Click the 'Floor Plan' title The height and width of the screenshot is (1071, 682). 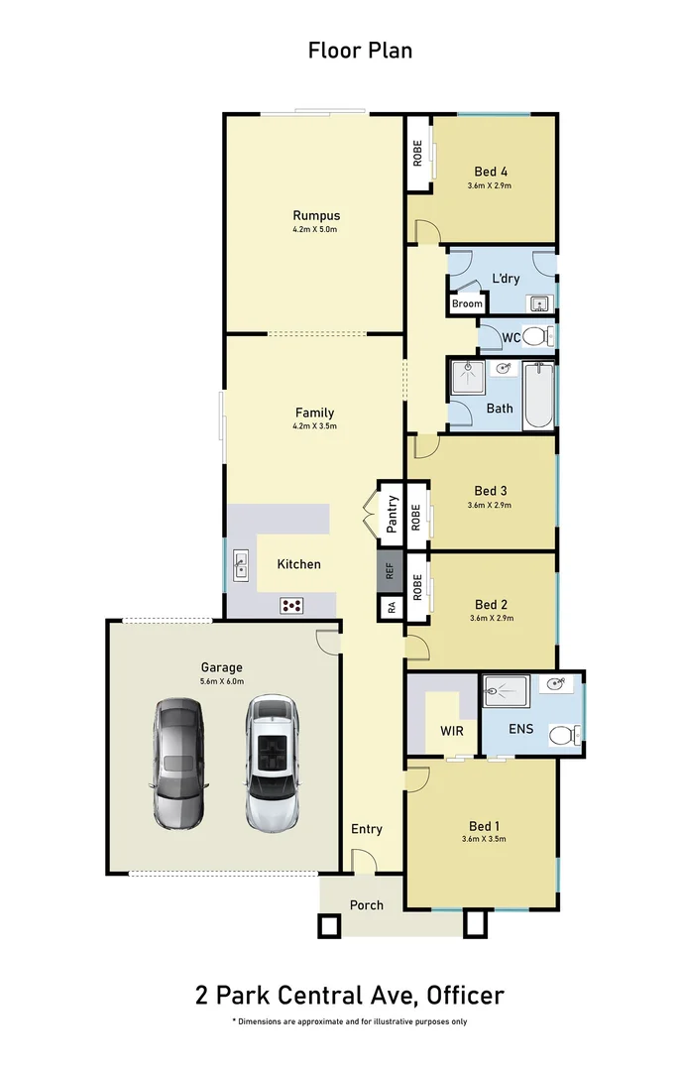[360, 51]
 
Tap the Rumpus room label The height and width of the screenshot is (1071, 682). [316, 215]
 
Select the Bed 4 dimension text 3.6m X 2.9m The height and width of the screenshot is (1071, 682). [491, 185]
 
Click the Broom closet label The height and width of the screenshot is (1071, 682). [467, 304]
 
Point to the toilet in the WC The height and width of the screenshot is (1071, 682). [536, 337]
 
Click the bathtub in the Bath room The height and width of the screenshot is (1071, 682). [538, 396]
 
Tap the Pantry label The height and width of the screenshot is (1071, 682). [392, 515]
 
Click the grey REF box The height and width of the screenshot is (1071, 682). [391, 571]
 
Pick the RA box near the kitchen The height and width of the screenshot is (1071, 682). [391, 607]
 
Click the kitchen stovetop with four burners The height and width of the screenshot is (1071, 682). [292, 604]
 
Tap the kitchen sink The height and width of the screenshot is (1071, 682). [241, 566]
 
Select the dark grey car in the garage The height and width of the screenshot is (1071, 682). [179, 764]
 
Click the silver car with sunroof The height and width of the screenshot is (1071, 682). [271, 762]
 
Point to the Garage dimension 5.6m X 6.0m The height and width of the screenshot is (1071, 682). [222, 681]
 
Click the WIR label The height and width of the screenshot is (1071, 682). [452, 732]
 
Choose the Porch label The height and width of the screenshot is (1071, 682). [366, 904]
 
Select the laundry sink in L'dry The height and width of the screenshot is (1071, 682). [538, 303]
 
